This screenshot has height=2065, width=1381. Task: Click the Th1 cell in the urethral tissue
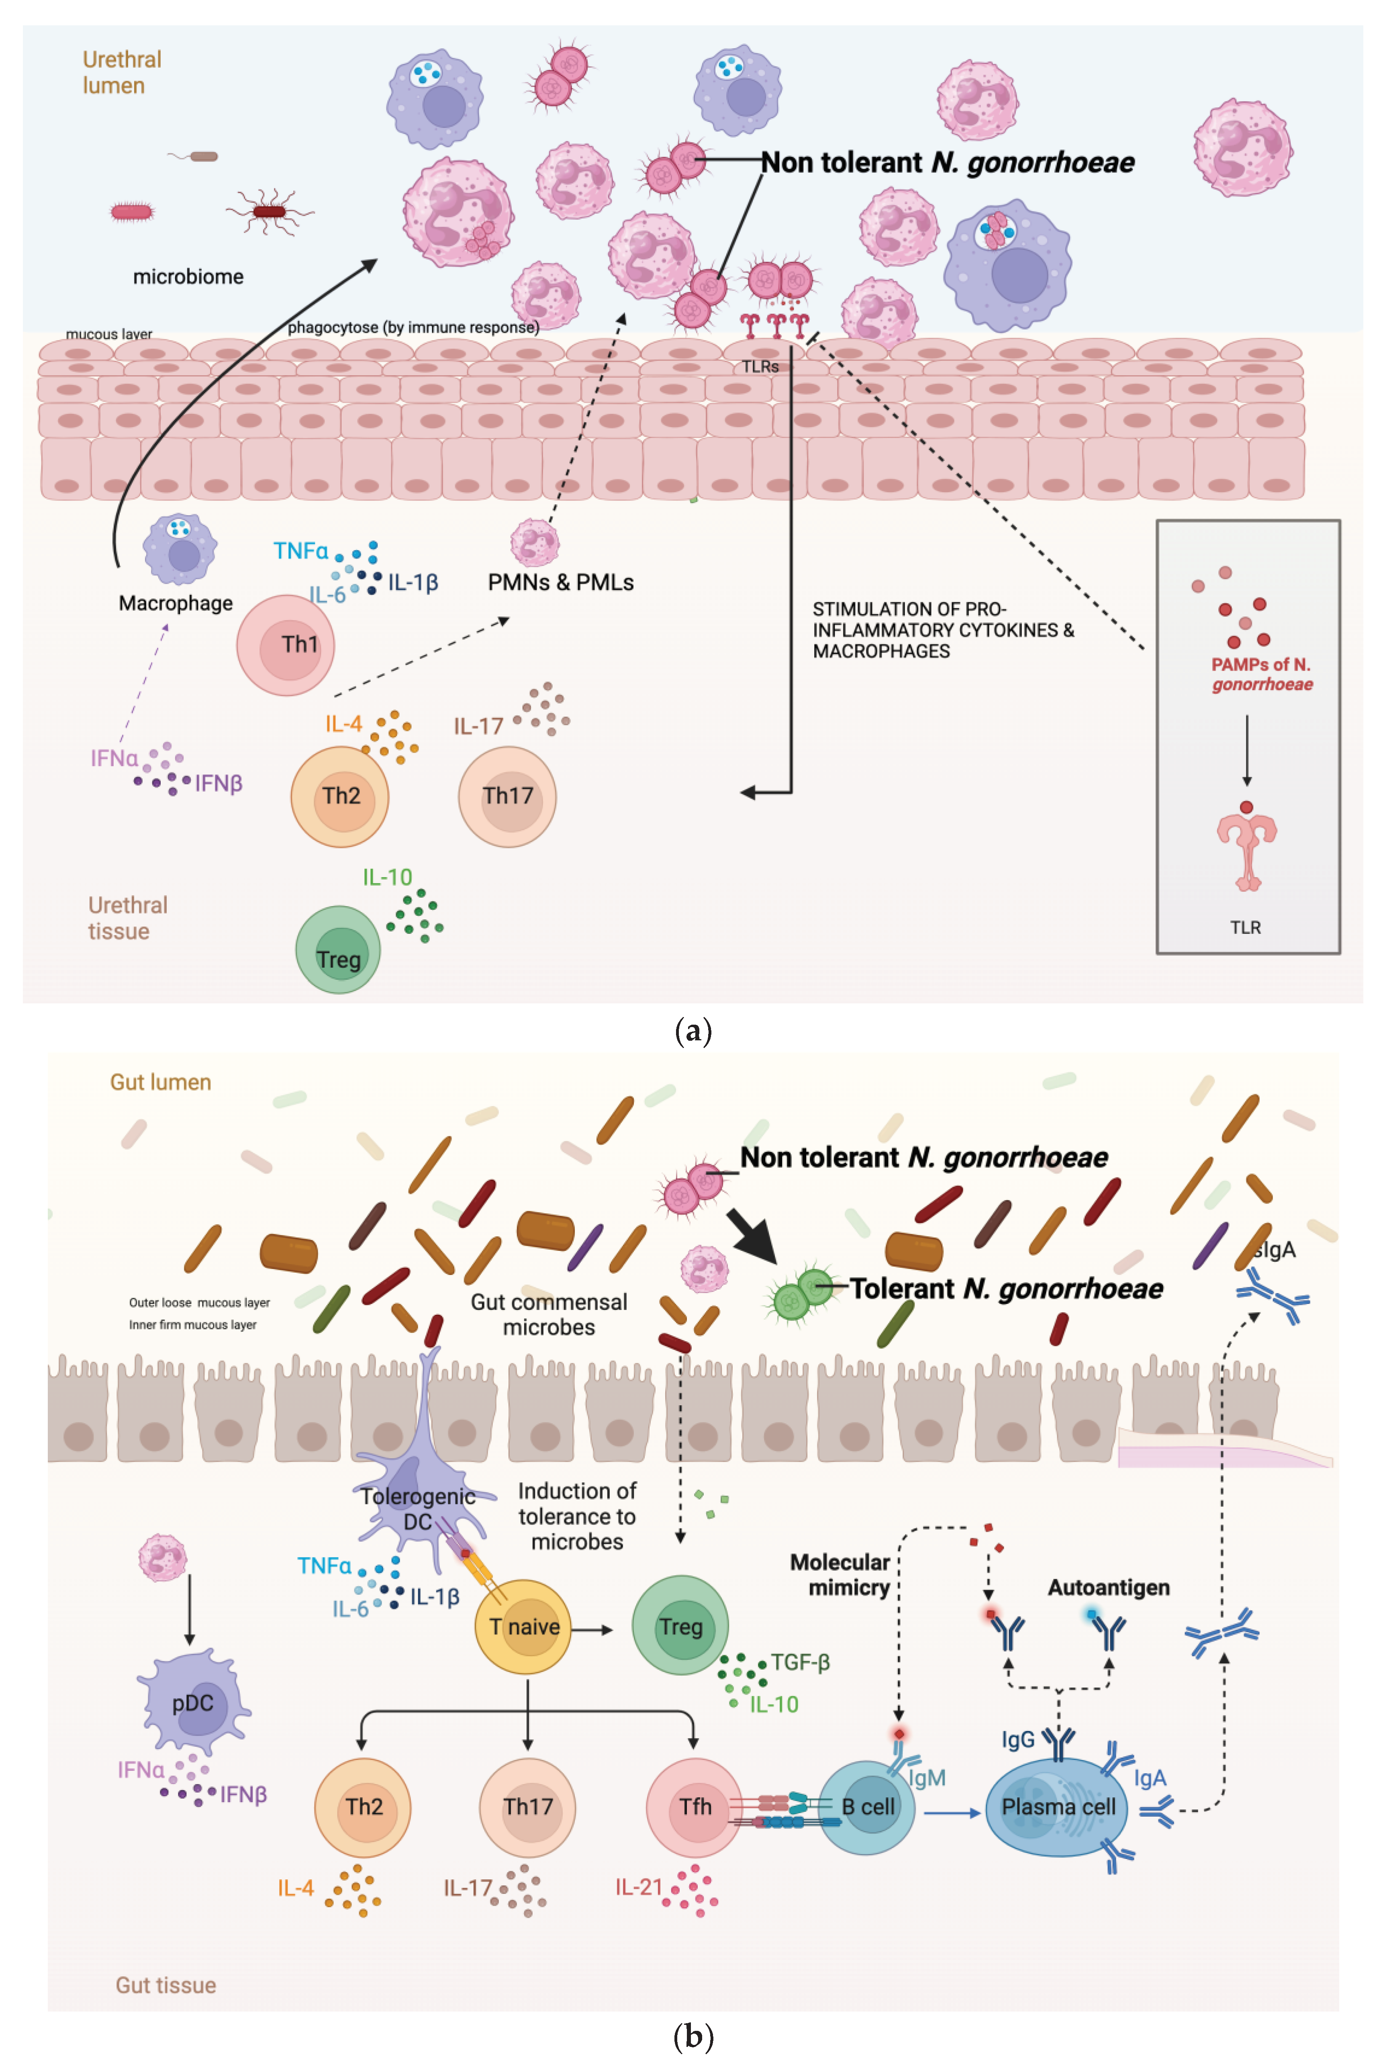tap(285, 645)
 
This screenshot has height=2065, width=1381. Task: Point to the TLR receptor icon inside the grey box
tap(1246, 850)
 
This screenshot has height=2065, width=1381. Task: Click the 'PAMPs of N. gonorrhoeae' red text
tap(1261, 674)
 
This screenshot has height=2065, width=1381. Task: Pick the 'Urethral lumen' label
tap(122, 72)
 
